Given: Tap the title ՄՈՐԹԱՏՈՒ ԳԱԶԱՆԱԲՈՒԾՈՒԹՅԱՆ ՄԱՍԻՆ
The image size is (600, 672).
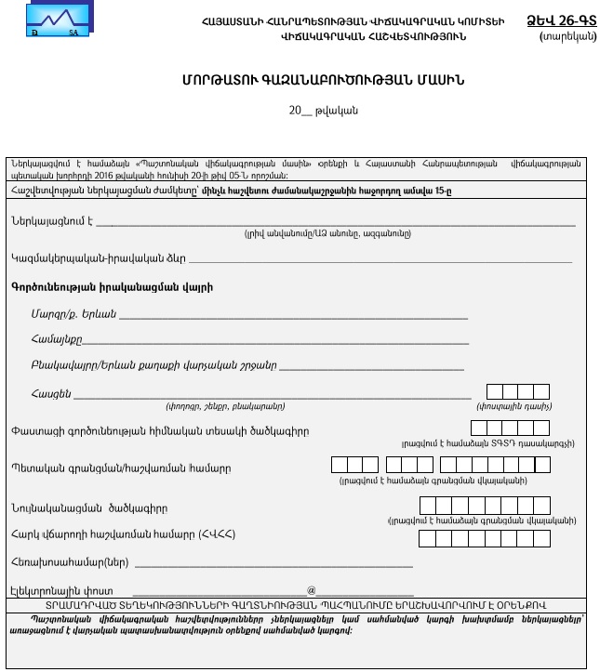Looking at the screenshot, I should (299, 83).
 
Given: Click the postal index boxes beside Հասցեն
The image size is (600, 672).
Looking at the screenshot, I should (517, 392).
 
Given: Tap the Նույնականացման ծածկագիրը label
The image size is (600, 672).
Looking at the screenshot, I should (102, 507).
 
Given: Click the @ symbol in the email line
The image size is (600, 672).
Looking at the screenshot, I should (312, 589).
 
